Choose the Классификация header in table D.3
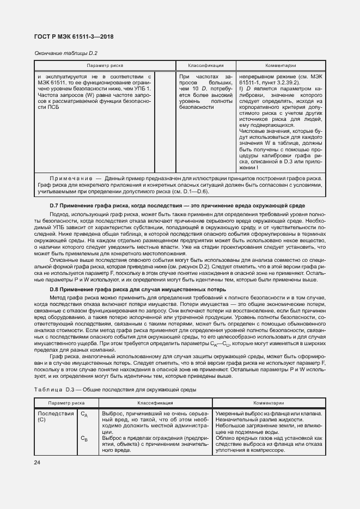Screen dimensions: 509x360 click(155, 403)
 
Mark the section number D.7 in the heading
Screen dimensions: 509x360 click(53, 206)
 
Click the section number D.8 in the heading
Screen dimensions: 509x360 click(53, 289)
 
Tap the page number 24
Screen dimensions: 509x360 click(37, 463)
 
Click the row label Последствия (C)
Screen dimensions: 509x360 click(55, 416)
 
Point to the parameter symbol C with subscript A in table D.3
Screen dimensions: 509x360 click(84, 414)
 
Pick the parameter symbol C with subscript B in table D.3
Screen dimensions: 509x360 click(84, 438)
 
